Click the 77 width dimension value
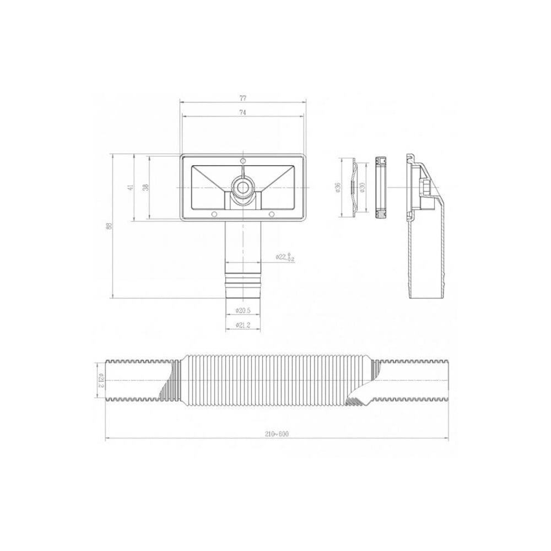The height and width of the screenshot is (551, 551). (243, 98)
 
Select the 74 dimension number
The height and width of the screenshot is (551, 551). (243, 112)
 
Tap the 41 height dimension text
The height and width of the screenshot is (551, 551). (131, 187)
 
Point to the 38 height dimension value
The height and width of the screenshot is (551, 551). (145, 187)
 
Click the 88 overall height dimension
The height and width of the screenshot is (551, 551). (109, 226)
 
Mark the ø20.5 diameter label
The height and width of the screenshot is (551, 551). (243, 310)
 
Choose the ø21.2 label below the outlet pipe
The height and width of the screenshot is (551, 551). (243, 326)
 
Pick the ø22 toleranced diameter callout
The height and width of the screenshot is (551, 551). (284, 257)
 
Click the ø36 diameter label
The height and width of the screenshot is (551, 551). (337, 187)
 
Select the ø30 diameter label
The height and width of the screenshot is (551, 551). (363, 187)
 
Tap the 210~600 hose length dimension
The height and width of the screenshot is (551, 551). (277, 434)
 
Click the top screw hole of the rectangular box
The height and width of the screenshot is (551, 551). (242, 161)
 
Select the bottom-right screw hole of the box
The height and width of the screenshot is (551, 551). (271, 214)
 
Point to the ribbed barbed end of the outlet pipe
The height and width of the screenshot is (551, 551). (242, 284)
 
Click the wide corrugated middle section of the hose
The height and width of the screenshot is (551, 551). (275, 380)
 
